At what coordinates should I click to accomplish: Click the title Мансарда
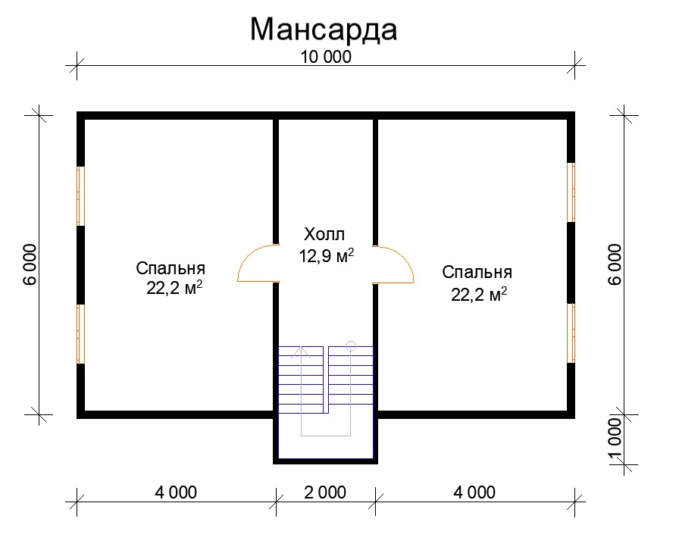[x=324, y=30]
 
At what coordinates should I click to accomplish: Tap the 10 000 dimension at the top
[x=326, y=57]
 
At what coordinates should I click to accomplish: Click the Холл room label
[x=324, y=234]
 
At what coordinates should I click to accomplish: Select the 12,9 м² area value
[x=327, y=255]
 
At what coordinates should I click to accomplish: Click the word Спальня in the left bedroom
[x=171, y=268]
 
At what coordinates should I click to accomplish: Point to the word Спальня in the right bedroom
[x=477, y=273]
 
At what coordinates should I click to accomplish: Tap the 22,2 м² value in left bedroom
[x=174, y=288]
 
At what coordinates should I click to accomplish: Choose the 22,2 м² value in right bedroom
[x=479, y=295]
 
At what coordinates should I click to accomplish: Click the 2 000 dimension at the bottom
[x=325, y=492]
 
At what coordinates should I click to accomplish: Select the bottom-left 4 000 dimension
[x=176, y=492]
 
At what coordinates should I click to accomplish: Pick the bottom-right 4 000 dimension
[x=474, y=492]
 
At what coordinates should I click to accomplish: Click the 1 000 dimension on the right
[x=615, y=439]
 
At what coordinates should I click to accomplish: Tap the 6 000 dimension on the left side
[x=30, y=264]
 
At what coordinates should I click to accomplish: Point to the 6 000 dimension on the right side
[x=615, y=264]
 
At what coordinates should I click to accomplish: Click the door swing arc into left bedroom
[x=248, y=255]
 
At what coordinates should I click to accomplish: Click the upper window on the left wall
[x=80, y=195]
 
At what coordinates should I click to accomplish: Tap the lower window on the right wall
[x=571, y=333]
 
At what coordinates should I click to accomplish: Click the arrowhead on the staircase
[x=301, y=352]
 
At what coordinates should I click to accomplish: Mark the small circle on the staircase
[x=351, y=346]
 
